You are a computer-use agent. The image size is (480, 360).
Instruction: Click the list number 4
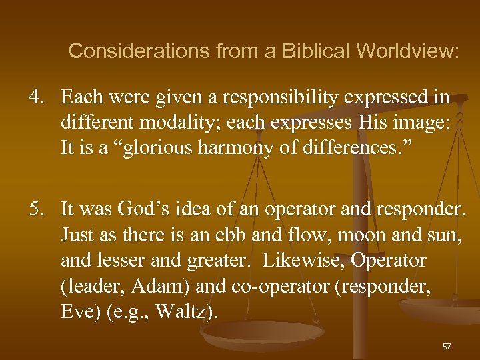pyautogui.click(x=35, y=97)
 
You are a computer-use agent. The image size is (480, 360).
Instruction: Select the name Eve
pyautogui.click(x=77, y=311)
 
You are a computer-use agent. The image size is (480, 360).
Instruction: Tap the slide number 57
pyautogui.click(x=447, y=347)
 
